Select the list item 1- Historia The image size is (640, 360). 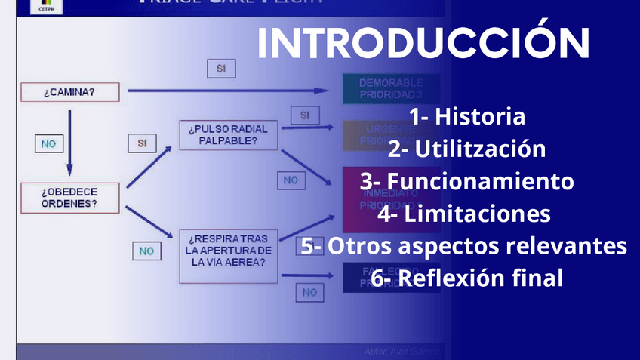[x=467, y=117]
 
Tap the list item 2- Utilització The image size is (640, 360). [x=466, y=149]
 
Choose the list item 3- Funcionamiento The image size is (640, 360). [x=466, y=182]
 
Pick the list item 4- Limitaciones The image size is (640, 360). [x=464, y=214]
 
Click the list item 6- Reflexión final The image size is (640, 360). [x=467, y=278]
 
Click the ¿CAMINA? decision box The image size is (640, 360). [x=69, y=92]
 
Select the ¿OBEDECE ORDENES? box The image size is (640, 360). [x=69, y=197]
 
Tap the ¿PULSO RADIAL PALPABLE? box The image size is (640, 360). [x=228, y=134]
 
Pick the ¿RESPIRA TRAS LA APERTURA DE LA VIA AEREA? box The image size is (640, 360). [x=228, y=252]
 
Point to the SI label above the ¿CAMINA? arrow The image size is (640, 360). [x=221, y=68]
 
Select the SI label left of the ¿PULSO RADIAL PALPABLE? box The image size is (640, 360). [x=142, y=142]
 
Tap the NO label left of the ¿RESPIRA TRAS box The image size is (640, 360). [x=146, y=251]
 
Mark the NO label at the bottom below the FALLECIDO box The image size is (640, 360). [x=309, y=291]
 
